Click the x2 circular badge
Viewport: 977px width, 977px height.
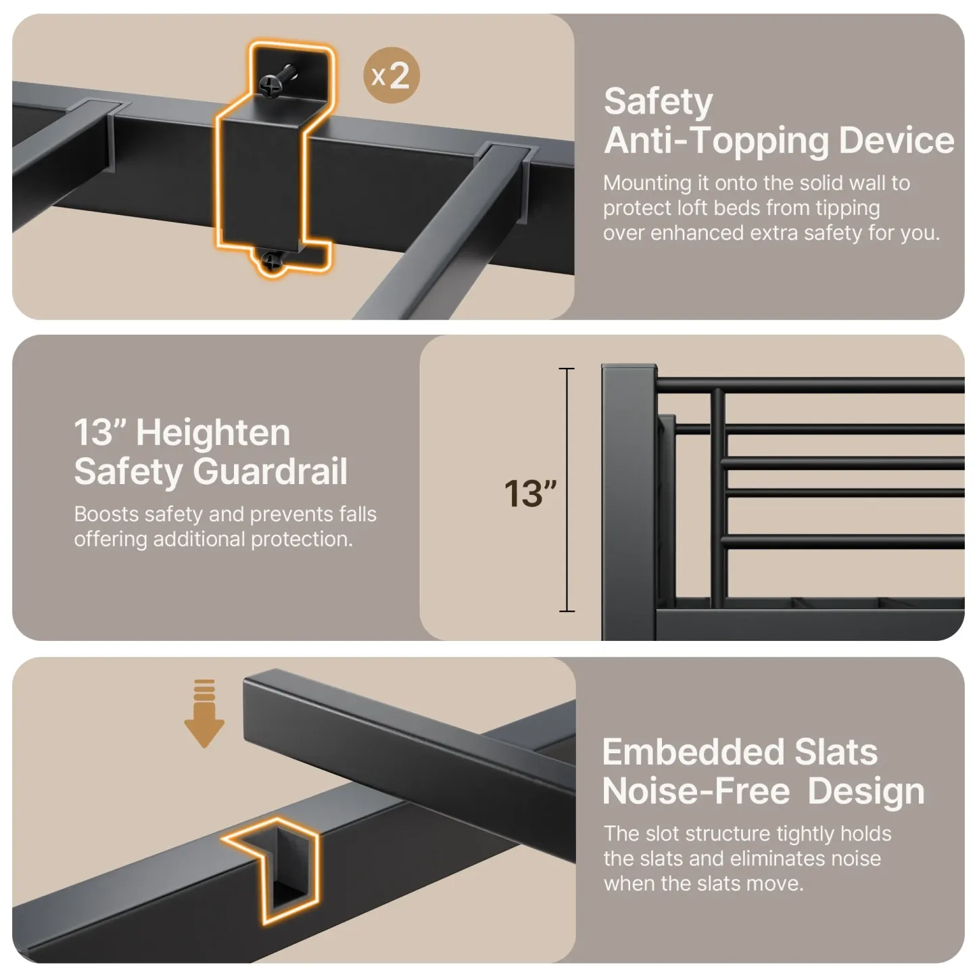391,76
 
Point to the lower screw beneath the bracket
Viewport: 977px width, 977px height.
272,260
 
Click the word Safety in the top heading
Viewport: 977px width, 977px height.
658,102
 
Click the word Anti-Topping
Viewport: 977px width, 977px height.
716,141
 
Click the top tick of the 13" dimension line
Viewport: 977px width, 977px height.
567,369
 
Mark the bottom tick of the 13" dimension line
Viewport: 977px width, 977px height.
567,611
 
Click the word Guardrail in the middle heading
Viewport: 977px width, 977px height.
270,471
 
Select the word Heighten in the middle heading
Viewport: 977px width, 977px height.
213,433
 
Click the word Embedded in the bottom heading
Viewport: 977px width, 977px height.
692,752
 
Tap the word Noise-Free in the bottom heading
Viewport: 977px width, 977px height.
696,791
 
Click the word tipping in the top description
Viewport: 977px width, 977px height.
848,208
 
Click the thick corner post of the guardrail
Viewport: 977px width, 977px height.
627,500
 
